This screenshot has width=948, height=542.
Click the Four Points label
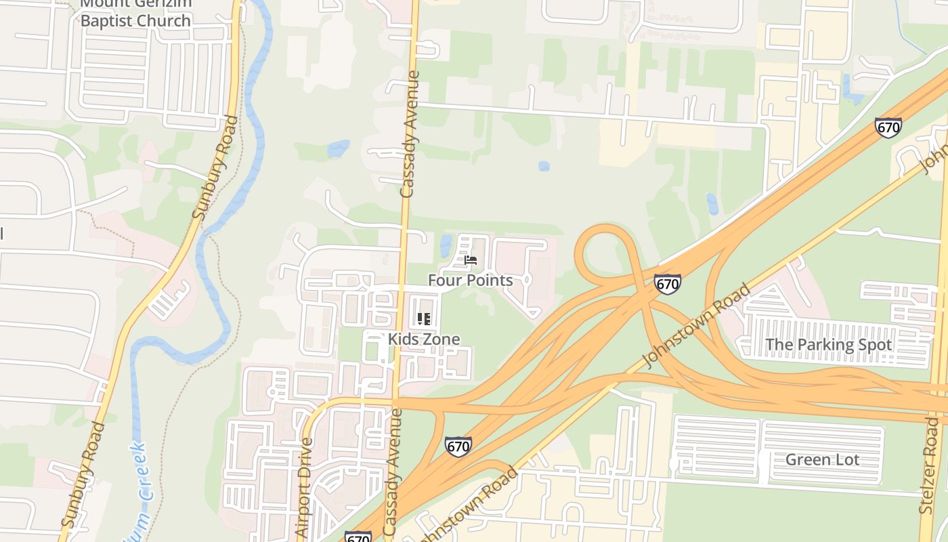point(470,280)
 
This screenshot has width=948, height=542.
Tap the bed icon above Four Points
point(471,260)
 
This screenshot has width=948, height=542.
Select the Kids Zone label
point(424,339)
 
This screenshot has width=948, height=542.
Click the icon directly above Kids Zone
point(424,318)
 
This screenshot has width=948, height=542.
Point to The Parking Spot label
point(828,344)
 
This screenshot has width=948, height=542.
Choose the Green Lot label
point(822,459)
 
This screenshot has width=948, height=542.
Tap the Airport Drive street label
point(305,488)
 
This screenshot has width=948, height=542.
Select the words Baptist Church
point(135,20)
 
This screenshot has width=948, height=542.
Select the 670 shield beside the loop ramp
point(667,284)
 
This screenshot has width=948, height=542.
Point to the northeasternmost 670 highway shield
point(888,127)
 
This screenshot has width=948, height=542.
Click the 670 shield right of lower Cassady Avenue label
point(458,446)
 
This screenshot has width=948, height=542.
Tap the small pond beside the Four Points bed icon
point(446,245)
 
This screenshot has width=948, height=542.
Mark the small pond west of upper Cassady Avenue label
point(338,148)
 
